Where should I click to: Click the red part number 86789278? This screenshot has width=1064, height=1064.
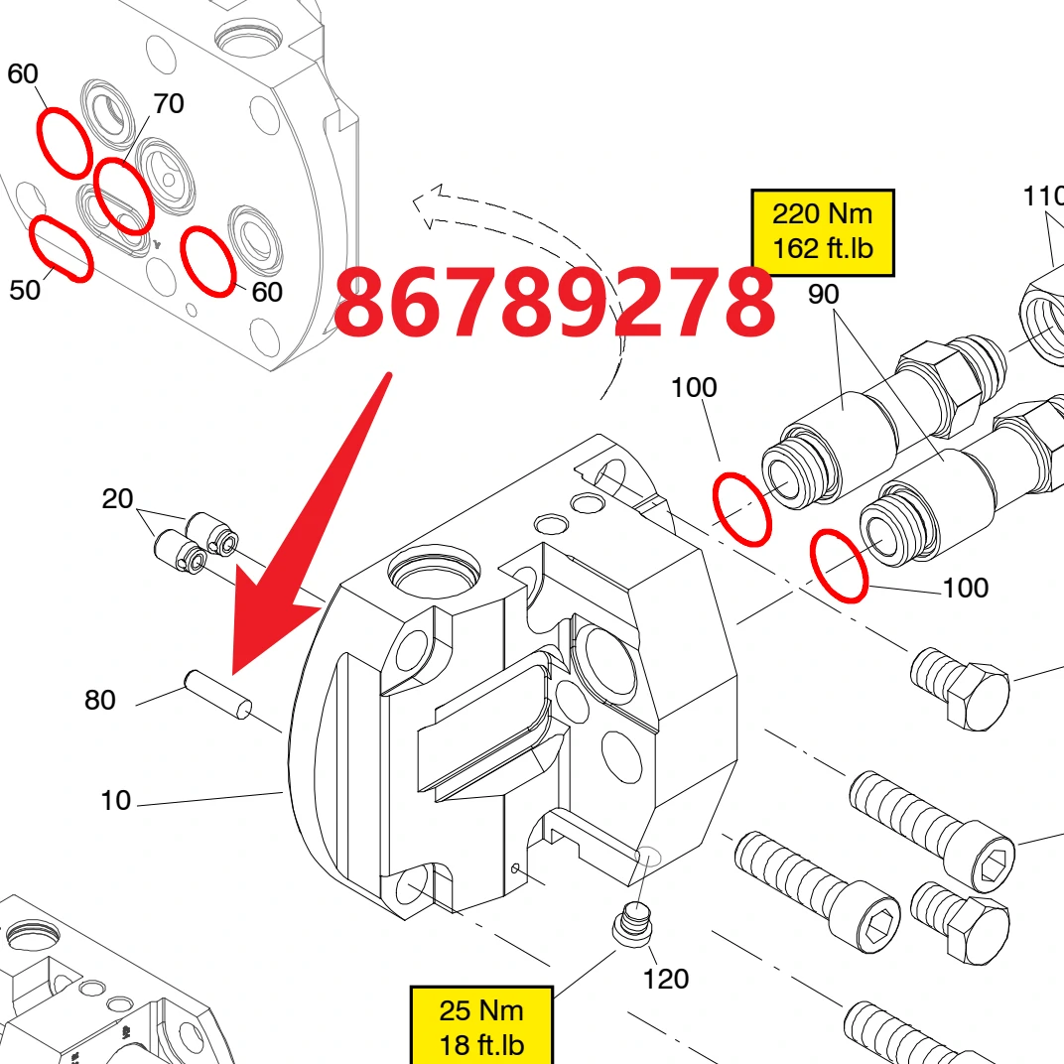(x=555, y=302)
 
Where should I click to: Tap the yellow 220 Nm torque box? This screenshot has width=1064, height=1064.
(x=823, y=232)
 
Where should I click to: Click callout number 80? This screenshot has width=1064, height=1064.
(x=99, y=700)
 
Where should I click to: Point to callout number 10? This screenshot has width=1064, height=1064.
(x=115, y=800)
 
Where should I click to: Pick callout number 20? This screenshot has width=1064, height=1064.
(x=117, y=498)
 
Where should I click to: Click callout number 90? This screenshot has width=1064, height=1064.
(x=823, y=294)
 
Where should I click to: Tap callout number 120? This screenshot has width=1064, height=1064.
(x=666, y=979)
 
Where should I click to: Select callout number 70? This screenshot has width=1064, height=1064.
(x=169, y=103)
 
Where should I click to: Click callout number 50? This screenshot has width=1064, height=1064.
(x=25, y=290)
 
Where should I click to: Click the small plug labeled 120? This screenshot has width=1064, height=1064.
(x=634, y=922)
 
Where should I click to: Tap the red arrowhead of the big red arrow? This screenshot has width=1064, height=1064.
(x=271, y=627)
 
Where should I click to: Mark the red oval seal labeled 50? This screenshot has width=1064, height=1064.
(x=62, y=248)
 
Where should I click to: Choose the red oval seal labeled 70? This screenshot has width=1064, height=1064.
(x=123, y=197)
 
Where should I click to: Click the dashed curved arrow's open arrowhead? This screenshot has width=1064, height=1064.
(x=428, y=204)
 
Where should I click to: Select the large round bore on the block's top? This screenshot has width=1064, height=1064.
(x=434, y=571)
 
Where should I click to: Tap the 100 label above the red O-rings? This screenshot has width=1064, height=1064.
(x=694, y=387)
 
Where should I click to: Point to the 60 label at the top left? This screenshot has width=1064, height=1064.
(x=23, y=73)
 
